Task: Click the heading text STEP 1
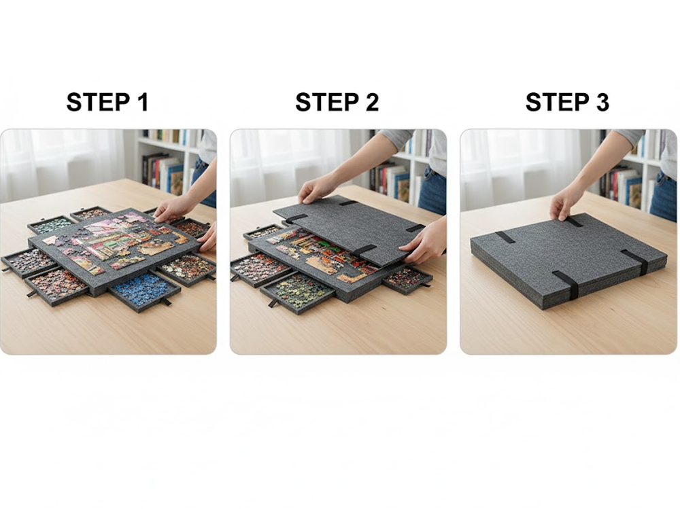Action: (107, 103)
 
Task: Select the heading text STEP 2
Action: (337, 103)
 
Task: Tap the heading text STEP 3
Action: (567, 103)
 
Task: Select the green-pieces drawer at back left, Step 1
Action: (50, 224)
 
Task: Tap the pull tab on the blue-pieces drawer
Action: (166, 302)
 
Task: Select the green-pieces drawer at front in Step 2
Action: (298, 291)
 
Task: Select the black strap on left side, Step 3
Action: (505, 237)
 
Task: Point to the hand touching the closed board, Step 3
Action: (566, 203)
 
